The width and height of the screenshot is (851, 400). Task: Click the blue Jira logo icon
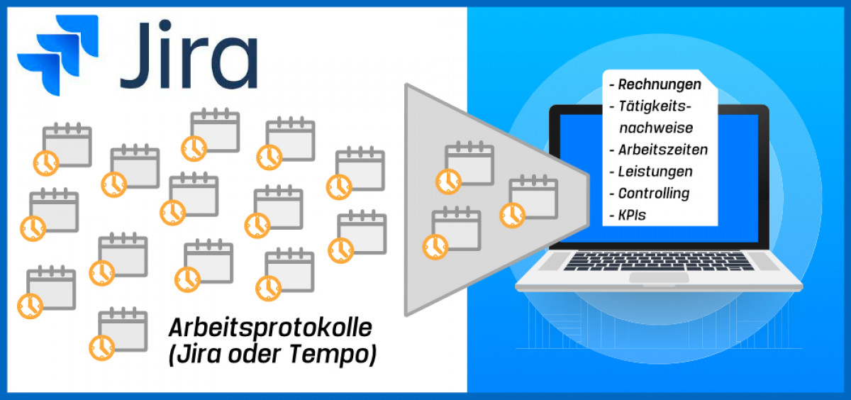pyautogui.click(x=57, y=55)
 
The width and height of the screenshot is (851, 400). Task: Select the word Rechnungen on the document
pyautogui.click(x=660, y=84)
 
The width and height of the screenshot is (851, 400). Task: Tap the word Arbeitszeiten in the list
pyautogui.click(x=663, y=150)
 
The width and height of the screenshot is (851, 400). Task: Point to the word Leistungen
pyautogui.click(x=655, y=172)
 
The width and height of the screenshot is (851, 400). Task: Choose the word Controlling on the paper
pyautogui.click(x=654, y=194)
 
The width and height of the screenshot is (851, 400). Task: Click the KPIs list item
pyautogui.click(x=632, y=215)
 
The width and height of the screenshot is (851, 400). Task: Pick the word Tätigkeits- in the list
pyautogui.click(x=655, y=106)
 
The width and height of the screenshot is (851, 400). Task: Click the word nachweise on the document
pyautogui.click(x=656, y=128)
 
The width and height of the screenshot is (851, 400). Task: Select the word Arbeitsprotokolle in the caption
pyautogui.click(x=270, y=328)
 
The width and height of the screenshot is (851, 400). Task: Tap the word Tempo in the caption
pyautogui.click(x=329, y=354)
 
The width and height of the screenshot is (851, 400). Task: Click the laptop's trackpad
pyautogui.click(x=659, y=277)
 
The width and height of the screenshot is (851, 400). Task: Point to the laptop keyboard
pyautogui.click(x=659, y=261)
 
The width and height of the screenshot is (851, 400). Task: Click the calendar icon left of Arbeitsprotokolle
pyautogui.click(x=118, y=333)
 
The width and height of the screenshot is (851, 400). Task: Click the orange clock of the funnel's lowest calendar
pyautogui.click(x=435, y=248)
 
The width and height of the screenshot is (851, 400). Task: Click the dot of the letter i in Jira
pyautogui.click(x=166, y=26)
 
